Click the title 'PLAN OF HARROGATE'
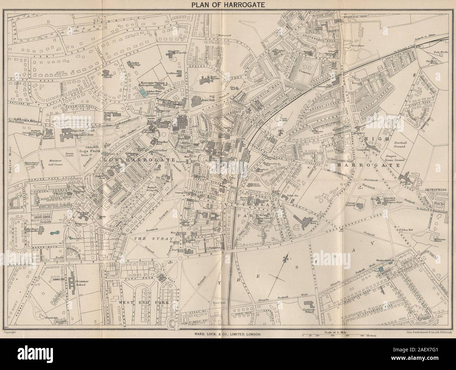click(x=228, y=5)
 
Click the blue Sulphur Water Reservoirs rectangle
click(x=142, y=92)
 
